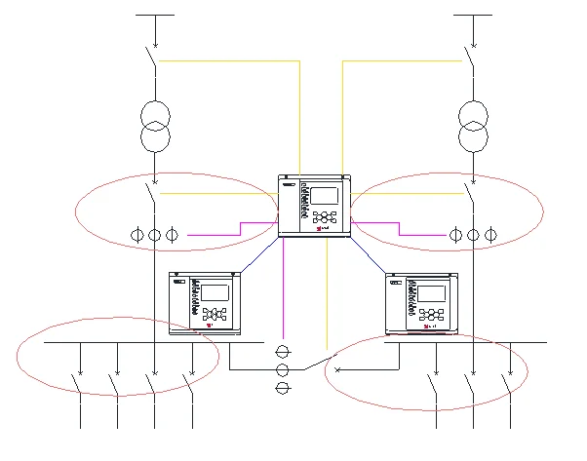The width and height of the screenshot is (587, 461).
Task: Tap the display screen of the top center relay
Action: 324,195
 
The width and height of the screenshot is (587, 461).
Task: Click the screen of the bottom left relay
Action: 215,292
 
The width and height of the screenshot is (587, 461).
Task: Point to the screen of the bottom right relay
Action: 432,292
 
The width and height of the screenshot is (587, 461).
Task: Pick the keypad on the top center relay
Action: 325,219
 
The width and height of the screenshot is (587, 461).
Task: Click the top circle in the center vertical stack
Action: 283,351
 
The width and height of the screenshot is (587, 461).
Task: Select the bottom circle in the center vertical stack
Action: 283,389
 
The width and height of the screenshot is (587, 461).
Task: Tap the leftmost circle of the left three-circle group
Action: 137,235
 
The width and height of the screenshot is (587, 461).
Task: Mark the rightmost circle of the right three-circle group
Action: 490,235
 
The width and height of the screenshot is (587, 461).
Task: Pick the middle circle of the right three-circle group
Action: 473,235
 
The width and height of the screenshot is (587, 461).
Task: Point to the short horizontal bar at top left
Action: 154,15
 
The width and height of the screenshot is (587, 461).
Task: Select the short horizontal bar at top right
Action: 473,15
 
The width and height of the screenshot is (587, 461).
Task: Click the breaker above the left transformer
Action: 152,58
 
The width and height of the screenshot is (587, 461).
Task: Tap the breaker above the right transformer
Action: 470,58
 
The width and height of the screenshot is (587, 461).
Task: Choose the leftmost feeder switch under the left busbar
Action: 78,383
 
